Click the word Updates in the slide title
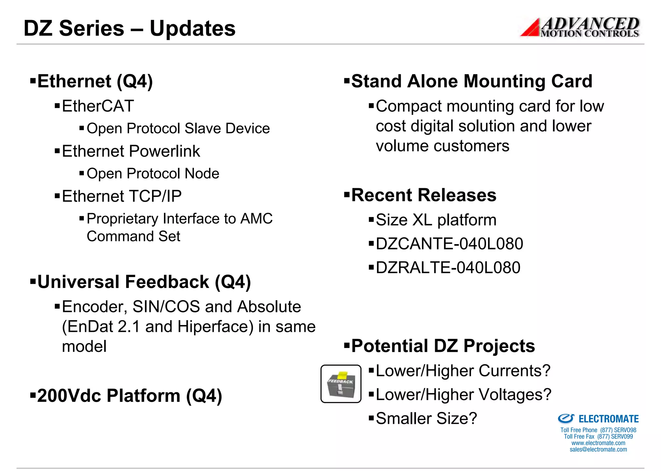192,28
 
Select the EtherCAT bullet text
98,106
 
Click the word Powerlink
165,151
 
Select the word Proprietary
123,219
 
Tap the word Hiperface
216,326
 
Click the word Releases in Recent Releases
457,195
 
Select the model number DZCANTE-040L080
449,244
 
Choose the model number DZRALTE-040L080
448,268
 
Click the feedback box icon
341,384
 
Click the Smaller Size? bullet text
426,418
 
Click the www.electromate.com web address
598,443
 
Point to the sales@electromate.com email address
598,449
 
